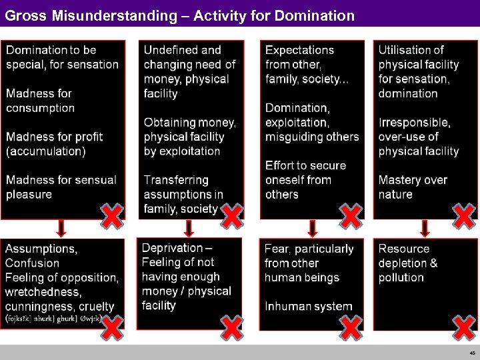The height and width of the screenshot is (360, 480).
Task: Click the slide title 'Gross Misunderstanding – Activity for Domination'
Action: point(179,14)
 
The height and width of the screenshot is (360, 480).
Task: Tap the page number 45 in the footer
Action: point(472,353)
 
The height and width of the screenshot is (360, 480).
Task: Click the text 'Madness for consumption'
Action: point(41,101)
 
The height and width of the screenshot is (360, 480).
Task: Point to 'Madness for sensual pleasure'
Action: point(61,187)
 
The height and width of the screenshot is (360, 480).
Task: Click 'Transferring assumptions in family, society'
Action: point(183,195)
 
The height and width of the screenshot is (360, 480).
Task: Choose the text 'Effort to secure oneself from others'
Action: point(305,180)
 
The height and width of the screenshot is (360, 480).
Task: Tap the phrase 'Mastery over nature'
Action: point(413,187)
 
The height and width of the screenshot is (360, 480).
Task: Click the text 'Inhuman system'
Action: point(308,307)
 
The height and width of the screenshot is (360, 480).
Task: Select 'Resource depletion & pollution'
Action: point(408,263)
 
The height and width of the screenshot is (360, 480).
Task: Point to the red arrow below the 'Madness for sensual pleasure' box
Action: point(61,229)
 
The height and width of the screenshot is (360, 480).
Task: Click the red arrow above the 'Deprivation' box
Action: point(189,229)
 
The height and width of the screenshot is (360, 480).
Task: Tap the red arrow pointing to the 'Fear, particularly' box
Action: point(311,229)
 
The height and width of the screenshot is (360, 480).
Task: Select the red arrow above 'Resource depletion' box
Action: point(425,229)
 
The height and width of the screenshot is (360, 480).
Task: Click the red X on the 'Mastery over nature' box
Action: point(464,215)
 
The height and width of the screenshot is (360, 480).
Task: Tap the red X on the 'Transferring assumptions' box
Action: point(231,215)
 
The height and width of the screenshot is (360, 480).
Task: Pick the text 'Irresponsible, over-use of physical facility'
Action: point(419,137)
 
